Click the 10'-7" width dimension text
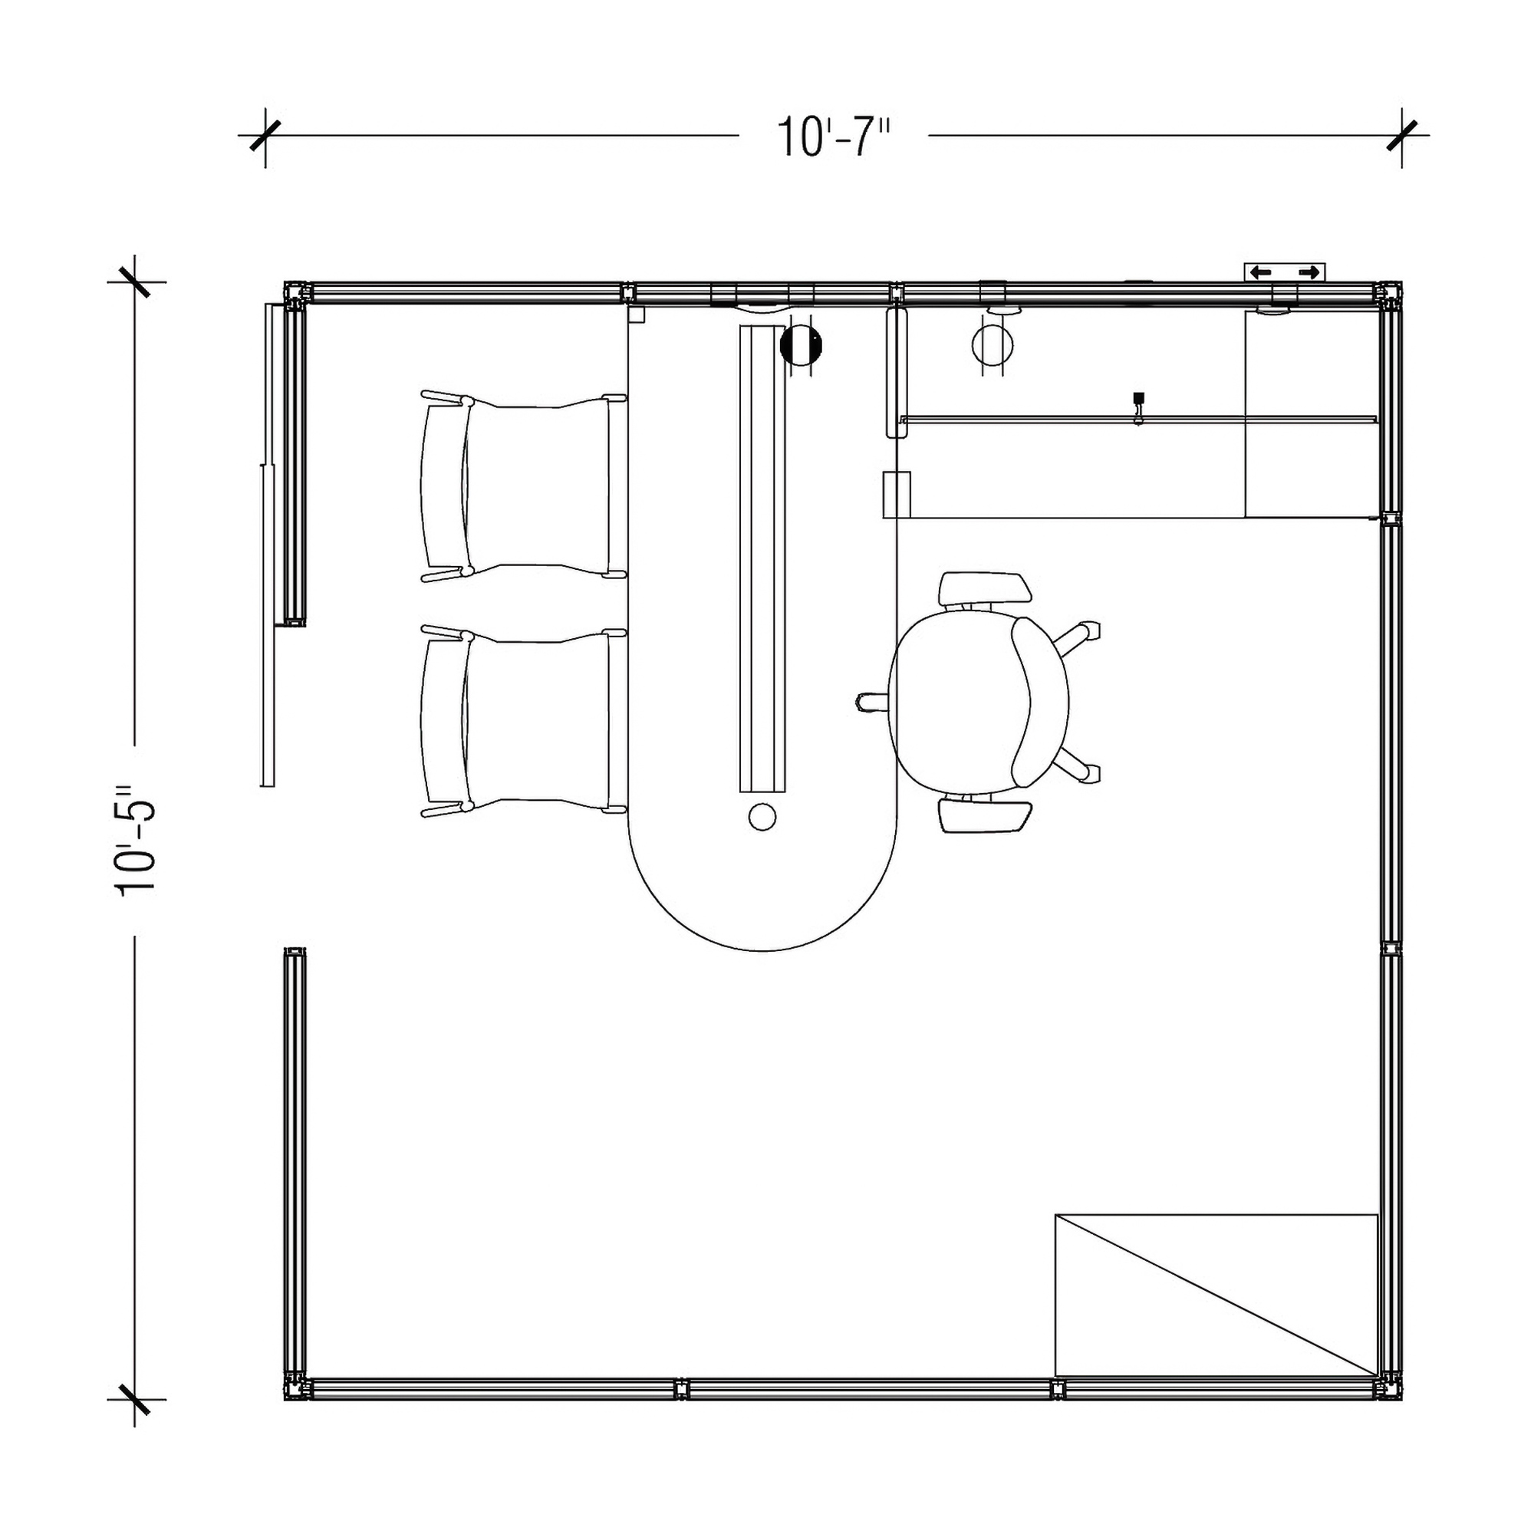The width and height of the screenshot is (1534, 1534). point(834,137)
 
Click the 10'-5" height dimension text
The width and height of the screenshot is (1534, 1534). point(136,841)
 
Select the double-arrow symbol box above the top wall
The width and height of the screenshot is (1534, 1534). point(1284,272)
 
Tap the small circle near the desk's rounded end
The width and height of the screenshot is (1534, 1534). point(762,816)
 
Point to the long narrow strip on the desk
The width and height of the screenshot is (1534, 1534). point(762,558)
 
